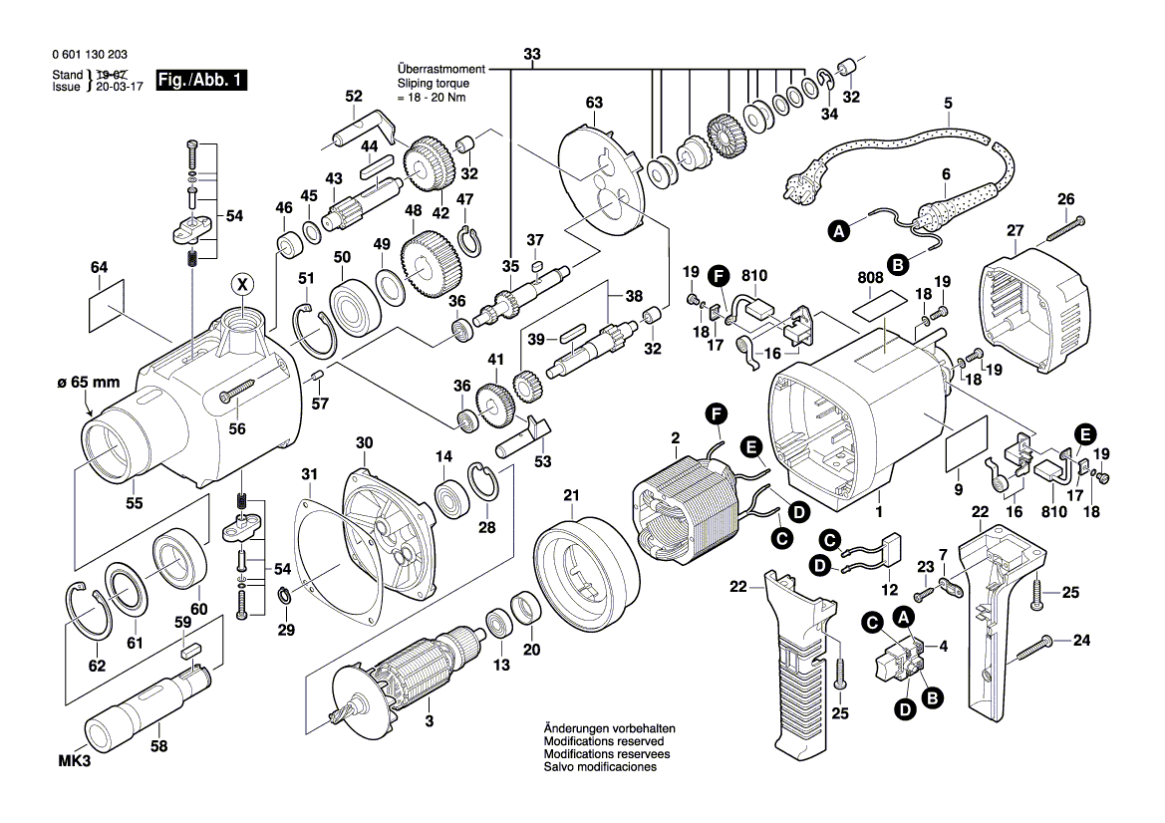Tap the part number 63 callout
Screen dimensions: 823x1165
click(x=595, y=104)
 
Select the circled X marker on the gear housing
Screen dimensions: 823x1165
click(x=241, y=285)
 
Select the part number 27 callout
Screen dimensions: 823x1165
click(x=1015, y=231)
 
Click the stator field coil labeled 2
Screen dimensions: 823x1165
click(x=688, y=503)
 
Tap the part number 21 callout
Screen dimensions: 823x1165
click(x=570, y=495)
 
